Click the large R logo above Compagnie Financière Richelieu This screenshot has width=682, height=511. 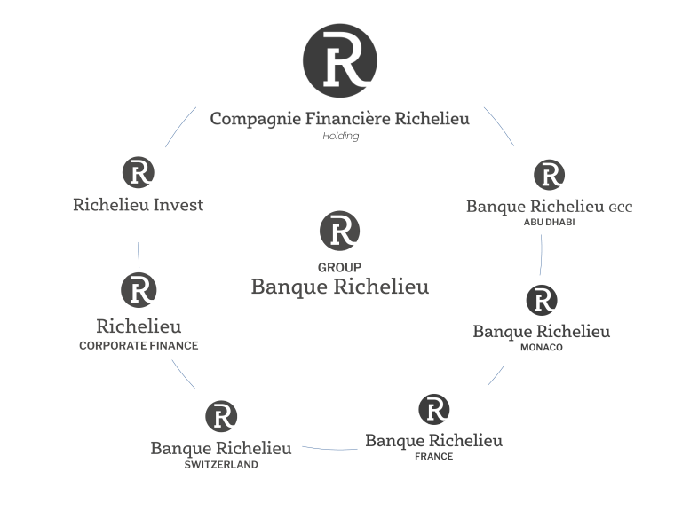(340, 60)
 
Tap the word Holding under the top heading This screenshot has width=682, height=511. (340, 137)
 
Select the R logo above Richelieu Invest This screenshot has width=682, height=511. (138, 172)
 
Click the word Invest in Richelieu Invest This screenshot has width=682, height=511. (178, 205)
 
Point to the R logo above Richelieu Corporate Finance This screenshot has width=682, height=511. (139, 290)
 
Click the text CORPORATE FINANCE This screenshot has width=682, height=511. (139, 346)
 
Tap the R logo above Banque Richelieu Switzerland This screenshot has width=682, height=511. (221, 416)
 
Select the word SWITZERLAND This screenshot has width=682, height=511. (221, 464)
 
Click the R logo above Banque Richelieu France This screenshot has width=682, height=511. (434, 409)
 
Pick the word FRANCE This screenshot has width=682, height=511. (433, 457)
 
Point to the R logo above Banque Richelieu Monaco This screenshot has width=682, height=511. (542, 301)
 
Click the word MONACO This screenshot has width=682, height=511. (542, 348)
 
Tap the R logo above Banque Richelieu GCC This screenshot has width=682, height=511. (550, 175)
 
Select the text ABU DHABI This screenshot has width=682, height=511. (550, 223)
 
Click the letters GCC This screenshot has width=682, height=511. (621, 208)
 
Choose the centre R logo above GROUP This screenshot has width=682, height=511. (339, 231)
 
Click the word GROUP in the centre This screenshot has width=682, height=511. (339, 267)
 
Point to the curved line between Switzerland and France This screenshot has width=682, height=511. (329, 449)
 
